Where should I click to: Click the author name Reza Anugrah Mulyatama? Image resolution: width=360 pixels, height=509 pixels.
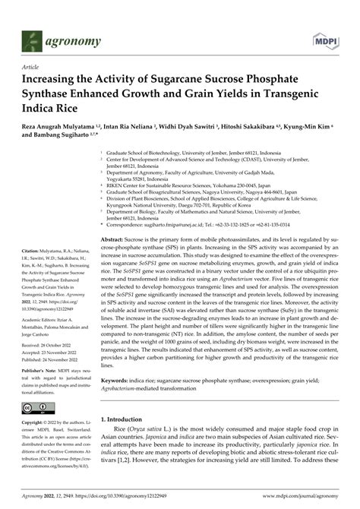[x=62, y=130]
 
